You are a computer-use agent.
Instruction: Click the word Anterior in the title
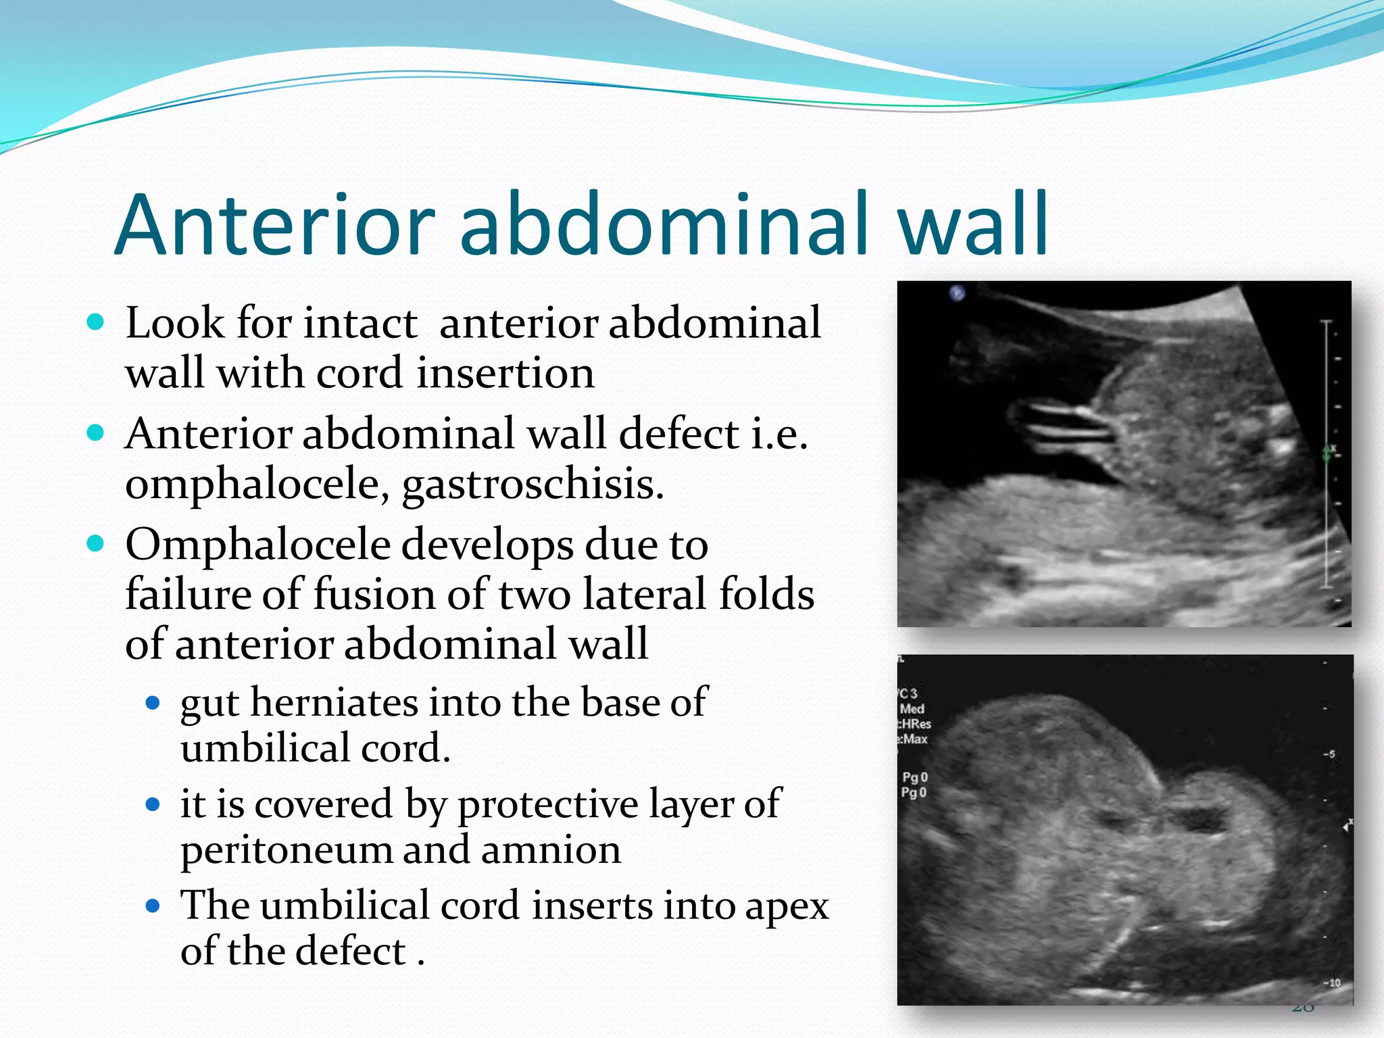tap(275, 225)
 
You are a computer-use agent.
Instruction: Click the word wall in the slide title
tap(972, 225)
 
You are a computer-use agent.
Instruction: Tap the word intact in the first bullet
tap(360, 323)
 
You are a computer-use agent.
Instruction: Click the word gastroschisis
tap(533, 485)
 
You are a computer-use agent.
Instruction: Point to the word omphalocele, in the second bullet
tap(257, 485)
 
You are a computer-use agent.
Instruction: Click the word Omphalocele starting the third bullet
tap(257, 545)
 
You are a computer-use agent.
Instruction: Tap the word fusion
tap(374, 595)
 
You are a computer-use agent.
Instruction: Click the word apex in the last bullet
tap(787, 906)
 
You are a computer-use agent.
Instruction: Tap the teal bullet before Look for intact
tap(96, 322)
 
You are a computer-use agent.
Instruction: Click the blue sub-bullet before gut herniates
tap(153, 703)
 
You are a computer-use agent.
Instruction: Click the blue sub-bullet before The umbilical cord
tap(153, 906)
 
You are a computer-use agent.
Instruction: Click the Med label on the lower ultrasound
tap(912, 709)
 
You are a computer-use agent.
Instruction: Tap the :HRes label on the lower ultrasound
tap(915, 724)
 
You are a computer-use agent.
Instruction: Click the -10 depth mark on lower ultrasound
tap(1331, 983)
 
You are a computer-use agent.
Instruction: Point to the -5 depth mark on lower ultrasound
tap(1329, 754)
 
